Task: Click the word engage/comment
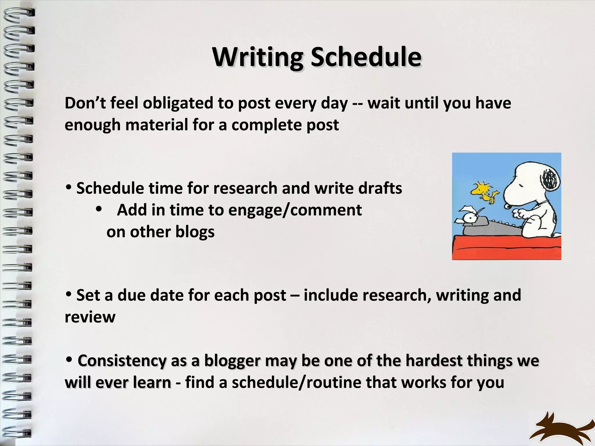(x=295, y=210)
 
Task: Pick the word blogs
(x=195, y=232)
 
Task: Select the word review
(x=90, y=317)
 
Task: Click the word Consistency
(x=122, y=361)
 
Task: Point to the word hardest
(x=434, y=361)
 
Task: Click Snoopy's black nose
(x=508, y=206)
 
